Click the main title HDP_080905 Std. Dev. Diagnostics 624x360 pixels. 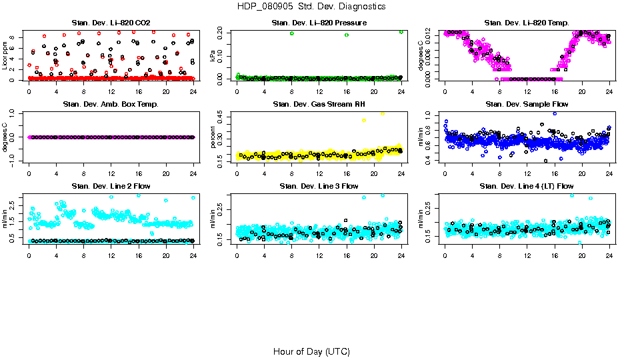311,6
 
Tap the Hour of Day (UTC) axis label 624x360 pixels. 311,351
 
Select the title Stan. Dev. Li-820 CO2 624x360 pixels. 111,23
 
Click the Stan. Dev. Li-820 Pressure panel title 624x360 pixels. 319,23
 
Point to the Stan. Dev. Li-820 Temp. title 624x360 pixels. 527,23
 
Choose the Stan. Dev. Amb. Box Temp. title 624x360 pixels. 111,104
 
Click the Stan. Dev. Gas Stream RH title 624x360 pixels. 319,104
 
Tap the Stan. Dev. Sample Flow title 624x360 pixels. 527,104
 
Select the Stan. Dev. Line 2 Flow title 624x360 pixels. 111,185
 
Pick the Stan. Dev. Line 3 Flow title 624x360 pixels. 319,185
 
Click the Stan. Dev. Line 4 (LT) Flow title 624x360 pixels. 527,185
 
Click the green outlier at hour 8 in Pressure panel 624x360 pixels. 292,33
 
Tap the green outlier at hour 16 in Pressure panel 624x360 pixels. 347,35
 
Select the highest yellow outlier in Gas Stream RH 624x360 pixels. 383,114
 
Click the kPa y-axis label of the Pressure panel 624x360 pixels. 213,56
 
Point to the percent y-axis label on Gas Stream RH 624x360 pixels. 213,137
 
